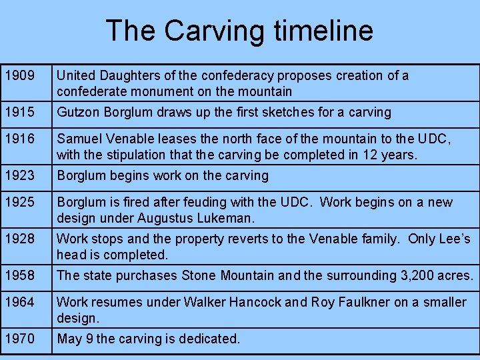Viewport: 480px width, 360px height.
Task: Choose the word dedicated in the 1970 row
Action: click(209, 339)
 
